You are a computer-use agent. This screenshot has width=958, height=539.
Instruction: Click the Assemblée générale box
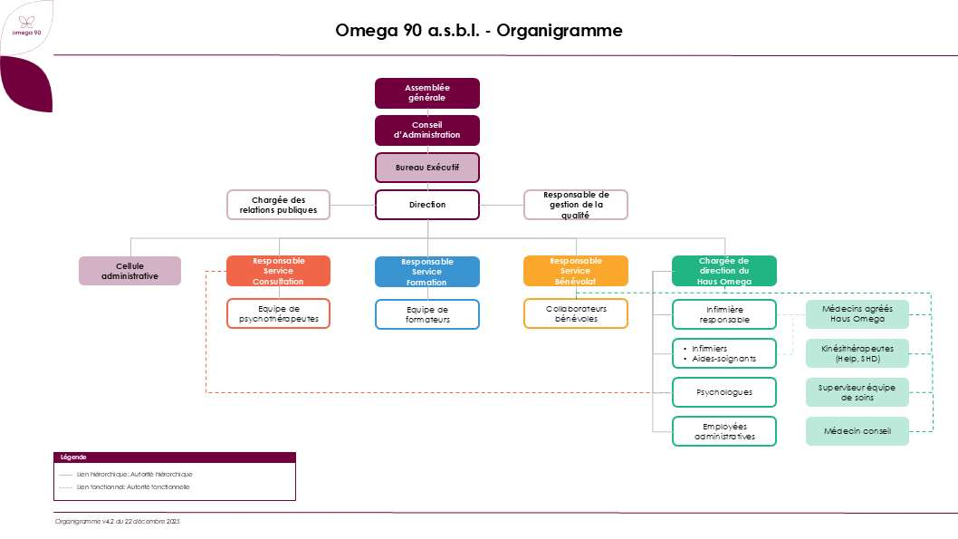click(x=427, y=92)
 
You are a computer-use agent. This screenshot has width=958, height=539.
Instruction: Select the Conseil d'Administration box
click(x=427, y=130)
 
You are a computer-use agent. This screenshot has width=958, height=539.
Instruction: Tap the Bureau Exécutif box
click(x=427, y=168)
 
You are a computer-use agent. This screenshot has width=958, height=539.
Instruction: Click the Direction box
click(x=427, y=205)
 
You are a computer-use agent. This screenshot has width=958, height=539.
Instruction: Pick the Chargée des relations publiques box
click(x=278, y=205)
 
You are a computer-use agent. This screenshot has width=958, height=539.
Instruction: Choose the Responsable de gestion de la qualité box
click(x=576, y=205)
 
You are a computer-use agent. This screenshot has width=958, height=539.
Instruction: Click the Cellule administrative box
click(x=129, y=271)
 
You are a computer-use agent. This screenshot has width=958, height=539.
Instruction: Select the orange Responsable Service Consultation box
click(x=278, y=271)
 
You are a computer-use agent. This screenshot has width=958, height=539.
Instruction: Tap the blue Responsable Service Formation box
click(x=427, y=272)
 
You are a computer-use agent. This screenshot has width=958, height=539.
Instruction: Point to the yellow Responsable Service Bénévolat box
click(x=576, y=271)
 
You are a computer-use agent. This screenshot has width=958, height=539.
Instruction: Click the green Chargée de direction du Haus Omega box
click(x=723, y=271)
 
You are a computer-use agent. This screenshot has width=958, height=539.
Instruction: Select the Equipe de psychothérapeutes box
click(x=278, y=313)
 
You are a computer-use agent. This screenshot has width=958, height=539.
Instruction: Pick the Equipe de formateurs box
click(x=427, y=314)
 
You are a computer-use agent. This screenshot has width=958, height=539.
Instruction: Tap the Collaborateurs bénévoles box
click(x=576, y=313)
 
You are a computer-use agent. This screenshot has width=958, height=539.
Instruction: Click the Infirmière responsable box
click(x=723, y=314)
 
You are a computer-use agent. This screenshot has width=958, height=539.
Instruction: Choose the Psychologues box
click(x=723, y=391)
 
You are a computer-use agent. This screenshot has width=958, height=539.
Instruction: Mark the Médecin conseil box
click(x=857, y=431)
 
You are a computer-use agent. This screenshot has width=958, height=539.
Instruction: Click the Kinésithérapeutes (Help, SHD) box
click(x=857, y=353)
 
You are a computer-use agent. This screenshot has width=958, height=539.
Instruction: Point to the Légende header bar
click(x=175, y=457)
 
